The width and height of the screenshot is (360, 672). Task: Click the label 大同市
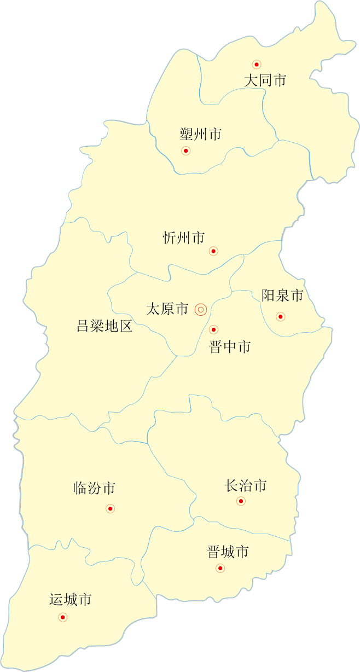(265, 80)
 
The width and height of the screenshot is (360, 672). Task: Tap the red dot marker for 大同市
(256, 65)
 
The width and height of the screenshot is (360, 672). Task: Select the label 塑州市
(200, 134)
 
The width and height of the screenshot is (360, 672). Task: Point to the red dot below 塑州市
(185, 150)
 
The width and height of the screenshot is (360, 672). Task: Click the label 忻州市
(184, 238)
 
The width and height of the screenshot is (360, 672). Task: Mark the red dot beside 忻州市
(213, 251)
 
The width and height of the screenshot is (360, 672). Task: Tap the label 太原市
(167, 309)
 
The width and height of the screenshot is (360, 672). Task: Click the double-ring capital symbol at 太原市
(201, 310)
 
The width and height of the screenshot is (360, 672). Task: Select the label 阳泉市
(282, 296)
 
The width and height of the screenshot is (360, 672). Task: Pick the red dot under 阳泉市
(281, 316)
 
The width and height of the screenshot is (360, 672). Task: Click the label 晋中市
(230, 347)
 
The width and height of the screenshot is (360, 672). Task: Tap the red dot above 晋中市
(213, 329)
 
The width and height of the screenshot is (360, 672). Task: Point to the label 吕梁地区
(104, 327)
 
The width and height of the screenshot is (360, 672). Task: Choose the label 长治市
(246, 485)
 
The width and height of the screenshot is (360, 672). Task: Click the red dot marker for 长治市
(241, 501)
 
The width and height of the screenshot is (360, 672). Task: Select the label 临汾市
(94, 488)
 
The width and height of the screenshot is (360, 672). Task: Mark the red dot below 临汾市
(110, 508)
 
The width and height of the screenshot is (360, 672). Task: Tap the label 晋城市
(228, 552)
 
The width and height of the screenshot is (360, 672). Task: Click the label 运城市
(70, 600)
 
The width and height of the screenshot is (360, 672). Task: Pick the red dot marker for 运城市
(62, 617)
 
